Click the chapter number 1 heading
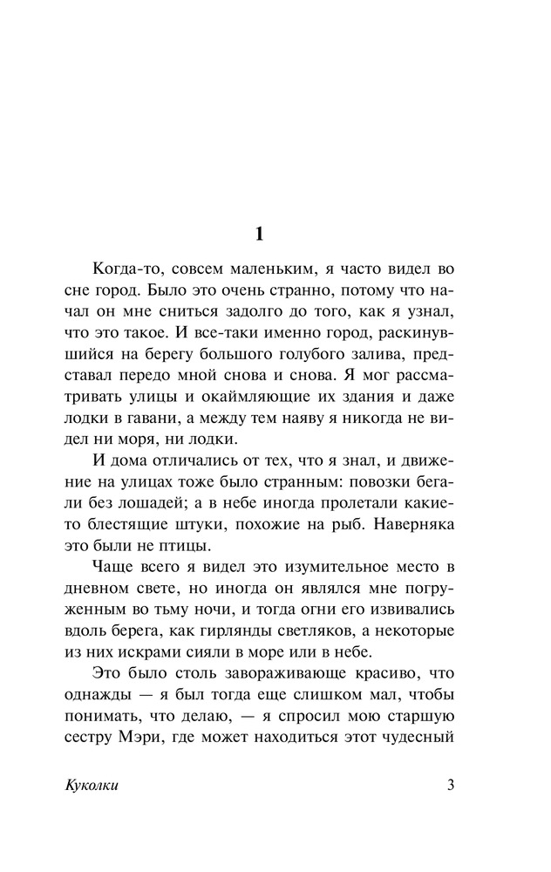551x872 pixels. point(258,233)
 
